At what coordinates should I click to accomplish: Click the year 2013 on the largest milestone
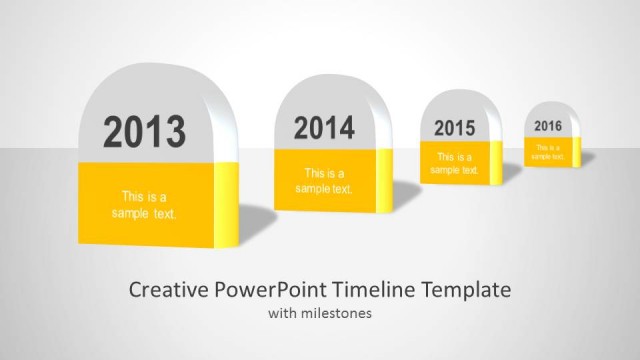point(145,132)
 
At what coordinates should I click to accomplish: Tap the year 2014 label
point(324,128)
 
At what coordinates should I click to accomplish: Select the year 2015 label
point(454,128)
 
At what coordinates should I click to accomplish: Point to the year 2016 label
point(548,126)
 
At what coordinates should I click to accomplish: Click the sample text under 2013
point(144,205)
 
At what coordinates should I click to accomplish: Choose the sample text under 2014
point(323,181)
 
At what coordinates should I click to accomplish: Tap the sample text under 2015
point(453,163)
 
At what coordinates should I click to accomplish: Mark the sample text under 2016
point(547,152)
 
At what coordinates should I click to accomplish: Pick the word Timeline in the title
point(373,290)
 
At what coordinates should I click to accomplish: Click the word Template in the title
point(465,290)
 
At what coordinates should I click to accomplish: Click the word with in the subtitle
point(281,314)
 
